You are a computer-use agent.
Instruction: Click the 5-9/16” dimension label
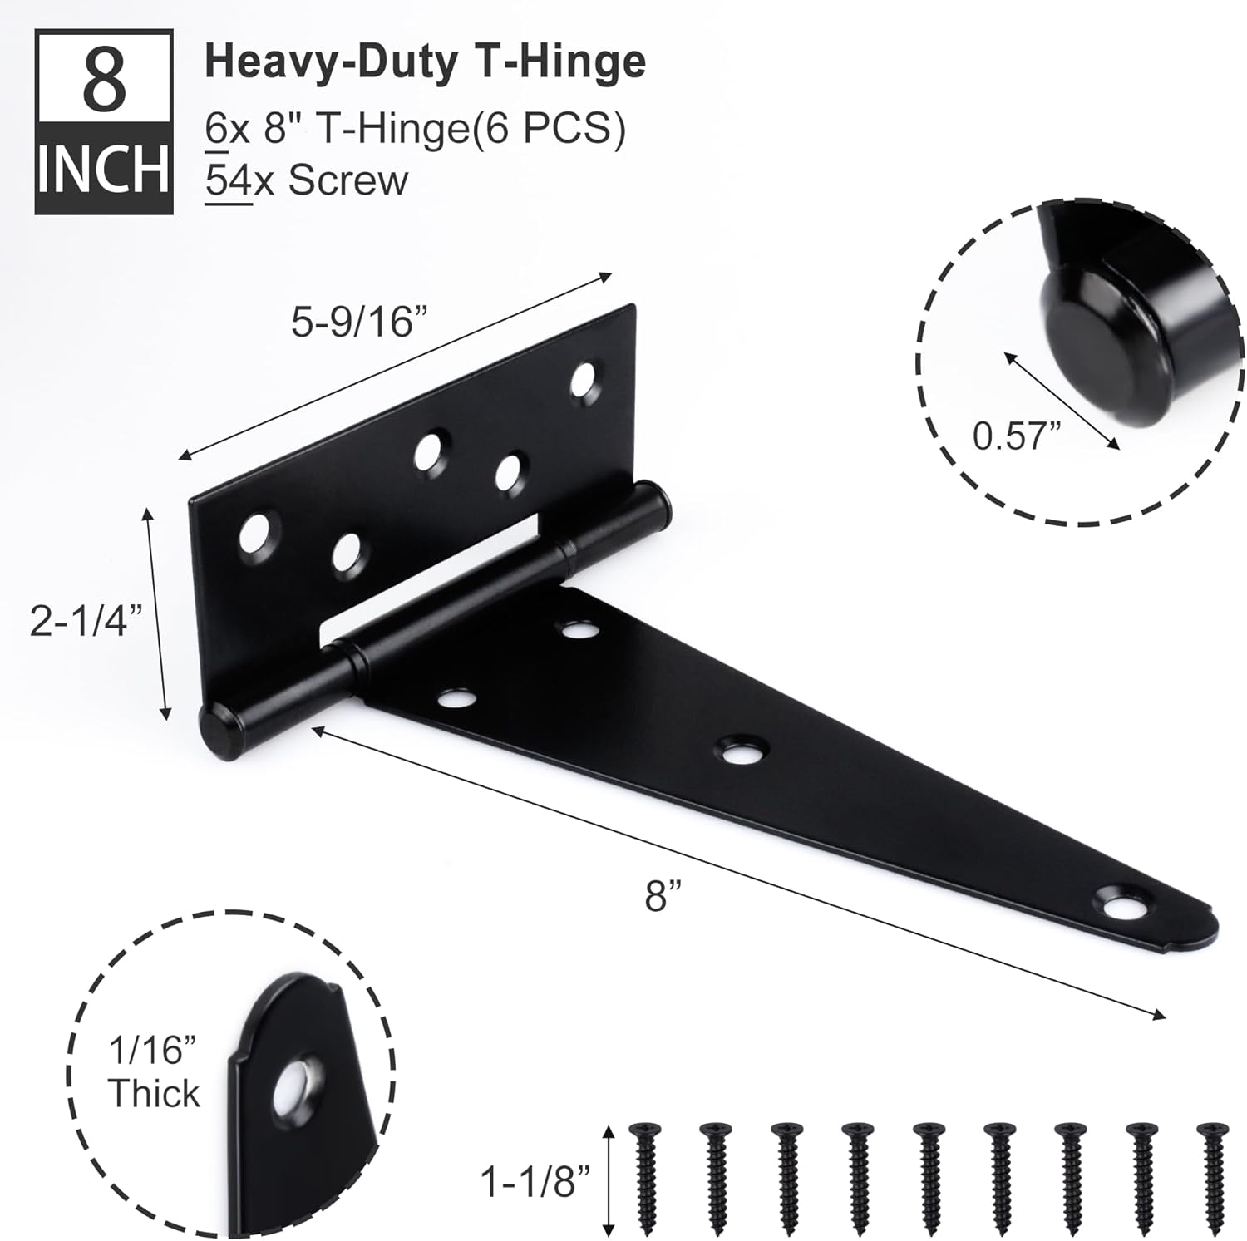point(353,323)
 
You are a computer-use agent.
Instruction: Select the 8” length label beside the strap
point(663,897)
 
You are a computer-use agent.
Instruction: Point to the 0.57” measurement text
point(1017,435)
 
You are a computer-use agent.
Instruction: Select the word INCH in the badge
point(104,170)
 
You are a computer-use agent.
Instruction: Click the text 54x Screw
point(307,180)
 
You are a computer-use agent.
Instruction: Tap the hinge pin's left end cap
point(219,727)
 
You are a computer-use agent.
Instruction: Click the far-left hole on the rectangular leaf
point(258,534)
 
